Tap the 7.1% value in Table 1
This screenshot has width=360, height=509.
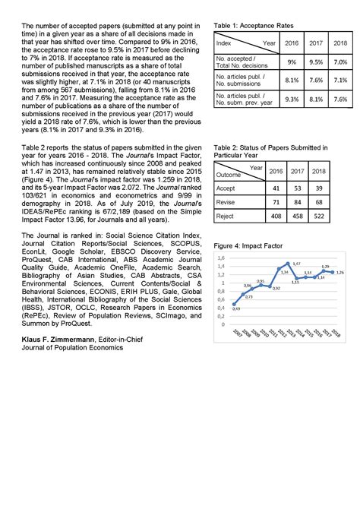coord(340,80)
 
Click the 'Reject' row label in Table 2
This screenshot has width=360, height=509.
coord(226,216)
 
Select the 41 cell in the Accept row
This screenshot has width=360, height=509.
coord(277,186)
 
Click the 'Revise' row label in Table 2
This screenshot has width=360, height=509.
coord(227,201)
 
